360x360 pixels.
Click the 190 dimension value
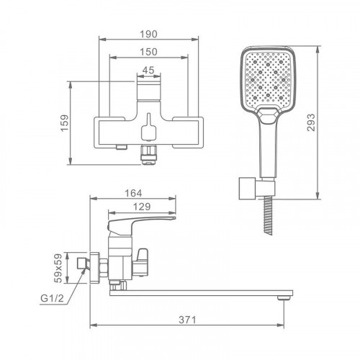click(x=149, y=35)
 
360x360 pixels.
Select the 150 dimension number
click(x=149, y=52)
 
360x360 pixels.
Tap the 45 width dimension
click(x=148, y=70)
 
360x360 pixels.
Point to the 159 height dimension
click(x=65, y=123)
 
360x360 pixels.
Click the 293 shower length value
click(x=311, y=122)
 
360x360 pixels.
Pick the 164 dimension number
click(x=133, y=193)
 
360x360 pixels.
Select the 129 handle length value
click(x=142, y=207)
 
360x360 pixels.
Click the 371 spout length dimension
click(x=187, y=320)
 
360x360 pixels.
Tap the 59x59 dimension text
click(x=58, y=268)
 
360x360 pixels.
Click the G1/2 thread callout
click(x=52, y=298)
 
